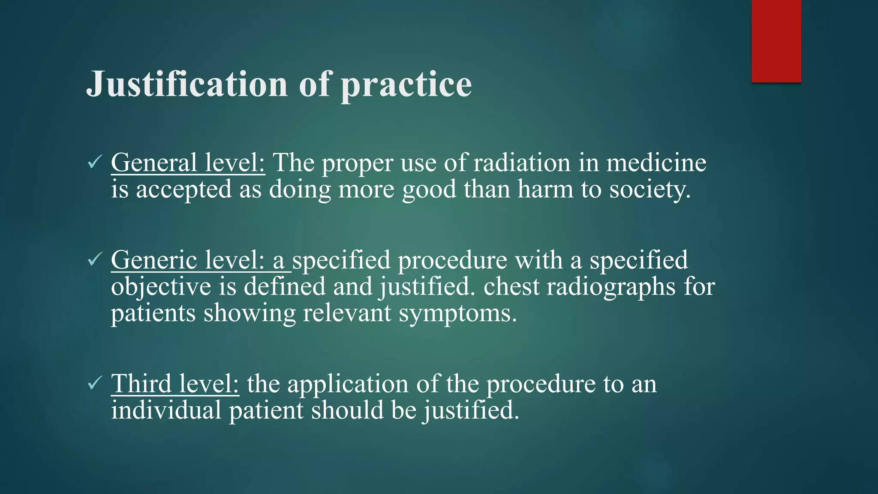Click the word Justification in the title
pyautogui.click(x=187, y=84)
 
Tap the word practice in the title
pyautogui.click(x=406, y=85)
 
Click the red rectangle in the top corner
pyautogui.click(x=776, y=41)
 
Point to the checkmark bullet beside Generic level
pyautogui.click(x=94, y=259)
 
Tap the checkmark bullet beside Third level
pyautogui.click(x=94, y=383)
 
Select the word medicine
pyautogui.click(x=656, y=163)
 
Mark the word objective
pyautogui.click(x=161, y=286)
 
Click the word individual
pyautogui.click(x=166, y=410)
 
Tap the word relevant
pyautogui.click(x=347, y=313)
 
